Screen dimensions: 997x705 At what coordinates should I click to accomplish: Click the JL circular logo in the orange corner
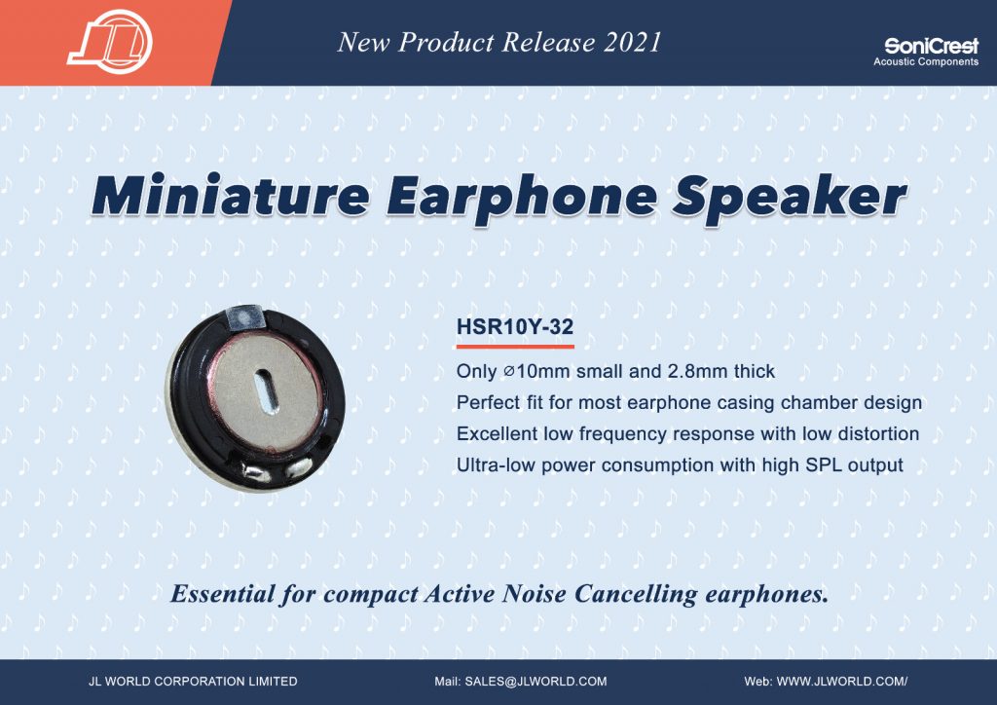coord(111,42)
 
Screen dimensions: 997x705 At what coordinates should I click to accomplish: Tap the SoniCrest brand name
coord(932,46)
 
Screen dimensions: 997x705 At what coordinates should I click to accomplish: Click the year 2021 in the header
coord(632,42)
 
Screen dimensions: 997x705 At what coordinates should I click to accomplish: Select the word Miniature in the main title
coord(230,195)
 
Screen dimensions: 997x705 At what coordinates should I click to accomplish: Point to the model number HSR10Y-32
coord(515,327)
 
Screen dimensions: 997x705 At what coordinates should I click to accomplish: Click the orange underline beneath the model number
coord(515,347)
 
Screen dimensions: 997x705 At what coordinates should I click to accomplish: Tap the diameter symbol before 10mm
coord(508,371)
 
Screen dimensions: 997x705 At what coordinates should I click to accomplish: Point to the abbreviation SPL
coord(824,464)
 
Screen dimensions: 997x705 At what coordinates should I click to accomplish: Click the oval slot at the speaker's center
coord(266,391)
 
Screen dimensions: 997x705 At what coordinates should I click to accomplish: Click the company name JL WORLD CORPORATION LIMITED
coord(194,682)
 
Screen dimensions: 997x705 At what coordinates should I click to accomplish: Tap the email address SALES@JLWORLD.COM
coord(536,682)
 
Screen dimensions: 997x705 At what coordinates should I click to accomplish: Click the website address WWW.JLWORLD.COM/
coord(842,682)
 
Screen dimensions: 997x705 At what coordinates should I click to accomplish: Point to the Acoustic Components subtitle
coord(926,61)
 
